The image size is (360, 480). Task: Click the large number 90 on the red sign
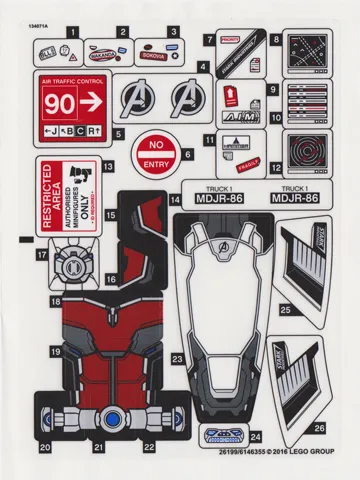[x=60, y=102]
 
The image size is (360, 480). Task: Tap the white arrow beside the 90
[x=93, y=102]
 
